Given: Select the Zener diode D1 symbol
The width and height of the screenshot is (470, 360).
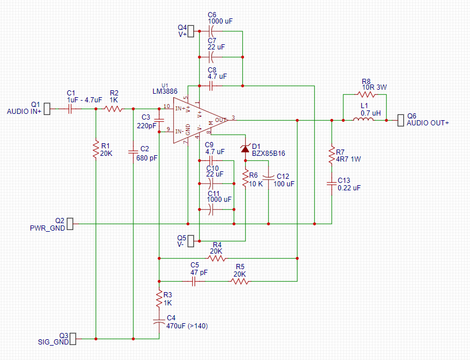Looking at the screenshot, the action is coord(245,148).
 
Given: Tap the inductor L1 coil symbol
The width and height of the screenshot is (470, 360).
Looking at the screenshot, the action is coord(364,119).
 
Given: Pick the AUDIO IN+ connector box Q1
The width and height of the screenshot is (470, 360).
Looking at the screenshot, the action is coord(47,109).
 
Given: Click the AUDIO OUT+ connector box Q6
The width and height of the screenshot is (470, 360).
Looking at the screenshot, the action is coord(401,120).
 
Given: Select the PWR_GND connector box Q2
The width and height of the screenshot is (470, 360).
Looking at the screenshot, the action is coord(70,224).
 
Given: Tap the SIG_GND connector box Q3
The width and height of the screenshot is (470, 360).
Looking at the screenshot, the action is coord(73,339).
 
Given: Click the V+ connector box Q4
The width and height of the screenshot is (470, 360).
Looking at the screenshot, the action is coord(191,31).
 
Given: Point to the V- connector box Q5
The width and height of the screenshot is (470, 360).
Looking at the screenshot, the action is coord(191,241).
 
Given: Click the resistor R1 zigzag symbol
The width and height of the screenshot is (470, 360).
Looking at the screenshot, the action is coord(96,150).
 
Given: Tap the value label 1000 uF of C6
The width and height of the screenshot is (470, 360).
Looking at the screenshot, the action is coord(220,21).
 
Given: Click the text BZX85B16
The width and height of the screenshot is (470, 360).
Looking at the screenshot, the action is coord(269,154).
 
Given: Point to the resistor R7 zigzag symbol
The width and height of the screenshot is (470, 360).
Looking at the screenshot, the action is coord(332,155).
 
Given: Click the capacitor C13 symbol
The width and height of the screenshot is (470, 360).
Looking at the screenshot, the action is coord(332,183).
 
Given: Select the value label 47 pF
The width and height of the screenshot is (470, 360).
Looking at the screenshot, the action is coord(199,273).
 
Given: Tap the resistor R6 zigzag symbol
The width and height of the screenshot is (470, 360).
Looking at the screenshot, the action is coord(246,179).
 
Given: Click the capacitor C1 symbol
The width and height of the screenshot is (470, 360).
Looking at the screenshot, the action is coord(70,109).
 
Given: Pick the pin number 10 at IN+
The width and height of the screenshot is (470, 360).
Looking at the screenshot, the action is coord(167,106).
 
